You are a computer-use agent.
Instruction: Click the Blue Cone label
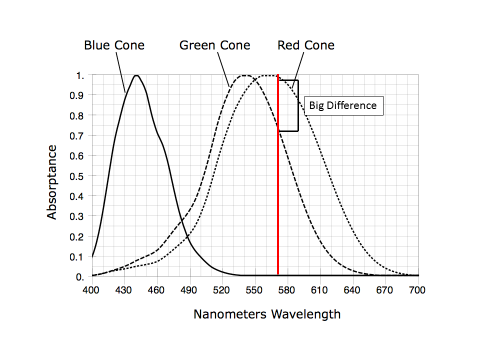coord(114,45)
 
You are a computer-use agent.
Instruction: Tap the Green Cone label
coord(215,45)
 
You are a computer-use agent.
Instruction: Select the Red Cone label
coord(306,45)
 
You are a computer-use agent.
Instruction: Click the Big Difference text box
coord(343,105)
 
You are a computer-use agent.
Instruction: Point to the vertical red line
coord(278,200)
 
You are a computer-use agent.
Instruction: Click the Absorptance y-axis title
coord(52,182)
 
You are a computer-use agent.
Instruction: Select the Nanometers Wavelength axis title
coord(267,314)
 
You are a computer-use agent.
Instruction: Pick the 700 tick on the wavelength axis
coord(417,289)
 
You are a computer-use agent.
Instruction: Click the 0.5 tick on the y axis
coord(80,176)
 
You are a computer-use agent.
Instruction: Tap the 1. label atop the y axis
coord(80,75)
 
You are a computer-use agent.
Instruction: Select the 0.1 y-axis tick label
coord(80,257)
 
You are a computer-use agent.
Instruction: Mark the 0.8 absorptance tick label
coord(80,115)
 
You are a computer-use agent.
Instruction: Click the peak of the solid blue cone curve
coord(136,75)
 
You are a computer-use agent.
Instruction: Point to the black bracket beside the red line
coord(297,105)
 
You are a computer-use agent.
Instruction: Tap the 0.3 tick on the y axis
coord(80,216)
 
